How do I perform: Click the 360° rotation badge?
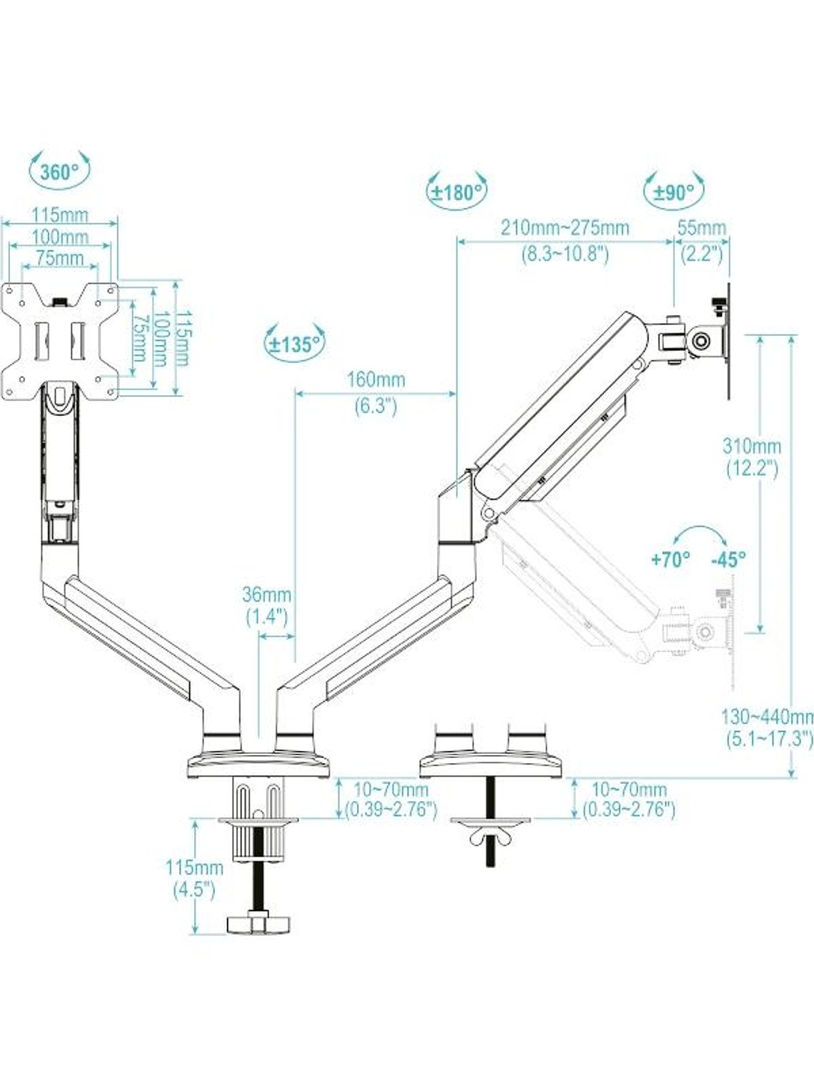[x=59, y=171]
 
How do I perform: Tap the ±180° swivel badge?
[x=457, y=191]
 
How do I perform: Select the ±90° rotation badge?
[x=674, y=191]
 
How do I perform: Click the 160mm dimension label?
[x=376, y=379]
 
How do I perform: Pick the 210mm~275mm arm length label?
[x=565, y=228]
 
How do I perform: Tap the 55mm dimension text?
[x=701, y=228]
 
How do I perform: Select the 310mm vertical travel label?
[x=752, y=447]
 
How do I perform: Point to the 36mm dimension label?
[x=266, y=594]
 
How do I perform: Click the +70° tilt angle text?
[x=670, y=559]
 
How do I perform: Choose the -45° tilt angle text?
[x=728, y=559]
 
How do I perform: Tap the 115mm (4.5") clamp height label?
[x=194, y=867]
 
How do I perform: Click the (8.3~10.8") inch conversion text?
[x=565, y=254]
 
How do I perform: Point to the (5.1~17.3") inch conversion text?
[x=769, y=738]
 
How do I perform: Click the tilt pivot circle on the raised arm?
[x=703, y=340]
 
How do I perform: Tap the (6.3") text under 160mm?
[x=376, y=406]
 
